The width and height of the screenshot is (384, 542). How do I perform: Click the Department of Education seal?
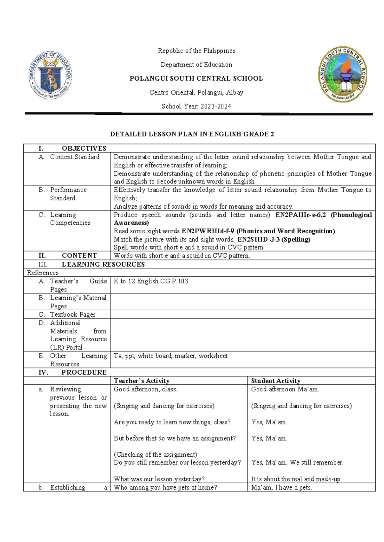coord(51,75)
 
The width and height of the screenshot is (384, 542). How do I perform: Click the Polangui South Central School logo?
coord(342,74)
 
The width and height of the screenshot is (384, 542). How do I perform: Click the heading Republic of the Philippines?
coord(196,51)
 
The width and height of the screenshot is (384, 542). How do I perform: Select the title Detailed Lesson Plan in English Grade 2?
coord(192,134)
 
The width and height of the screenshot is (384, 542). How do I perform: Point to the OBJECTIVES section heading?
coord(84,148)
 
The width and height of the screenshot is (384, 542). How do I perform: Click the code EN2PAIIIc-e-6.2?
coord(300,215)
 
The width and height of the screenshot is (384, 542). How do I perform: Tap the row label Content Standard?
coord(75,157)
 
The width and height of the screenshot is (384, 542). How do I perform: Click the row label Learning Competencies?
coord(70,219)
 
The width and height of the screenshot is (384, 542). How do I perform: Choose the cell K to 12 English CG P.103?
coord(151,281)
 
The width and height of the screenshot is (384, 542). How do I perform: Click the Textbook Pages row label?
coord(73,314)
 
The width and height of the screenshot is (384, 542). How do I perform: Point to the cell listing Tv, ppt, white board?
coord(171,356)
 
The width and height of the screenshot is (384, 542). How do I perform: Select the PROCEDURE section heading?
coord(84,372)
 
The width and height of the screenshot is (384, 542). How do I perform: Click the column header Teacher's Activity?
coord(141,381)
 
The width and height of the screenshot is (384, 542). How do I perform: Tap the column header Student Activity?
coord(276,381)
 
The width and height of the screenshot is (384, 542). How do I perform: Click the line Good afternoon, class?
coord(146,389)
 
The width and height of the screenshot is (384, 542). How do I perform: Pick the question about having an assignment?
coord(175,438)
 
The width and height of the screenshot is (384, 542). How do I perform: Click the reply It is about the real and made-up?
coord(297,479)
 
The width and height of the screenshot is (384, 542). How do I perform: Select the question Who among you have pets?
coord(165,487)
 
